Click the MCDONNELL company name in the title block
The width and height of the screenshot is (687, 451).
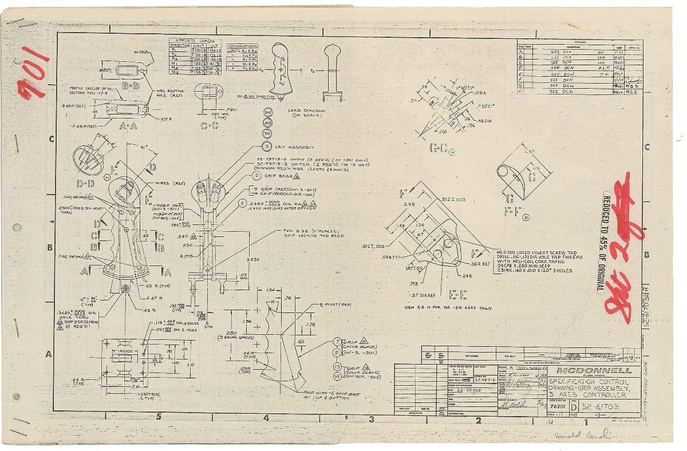click(x=590, y=371)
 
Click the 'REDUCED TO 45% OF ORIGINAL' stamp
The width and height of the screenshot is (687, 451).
click(x=603, y=243)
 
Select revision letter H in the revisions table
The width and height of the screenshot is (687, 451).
click(x=520, y=92)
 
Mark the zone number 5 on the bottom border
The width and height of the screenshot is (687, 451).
click(x=159, y=419)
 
